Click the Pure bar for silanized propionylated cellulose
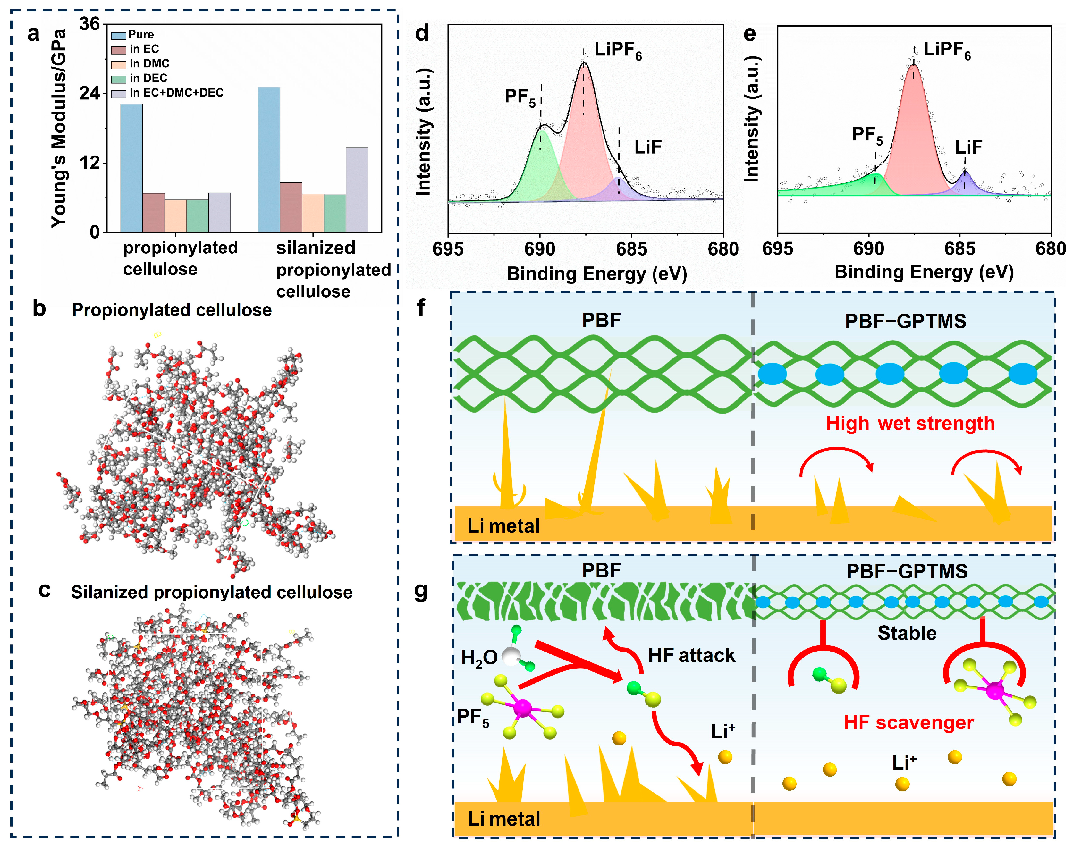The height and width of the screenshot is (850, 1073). point(269,159)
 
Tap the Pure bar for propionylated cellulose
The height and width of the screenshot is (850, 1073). point(131,168)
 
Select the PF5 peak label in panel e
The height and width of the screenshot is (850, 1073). point(867,135)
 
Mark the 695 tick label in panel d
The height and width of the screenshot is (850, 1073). point(448,249)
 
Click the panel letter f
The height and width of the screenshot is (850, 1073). point(421,307)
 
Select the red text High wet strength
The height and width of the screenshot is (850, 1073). point(910,424)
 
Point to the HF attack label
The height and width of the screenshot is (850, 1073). point(691,655)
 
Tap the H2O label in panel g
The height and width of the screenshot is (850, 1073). point(479,658)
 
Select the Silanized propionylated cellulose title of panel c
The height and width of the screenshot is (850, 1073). point(212,592)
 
